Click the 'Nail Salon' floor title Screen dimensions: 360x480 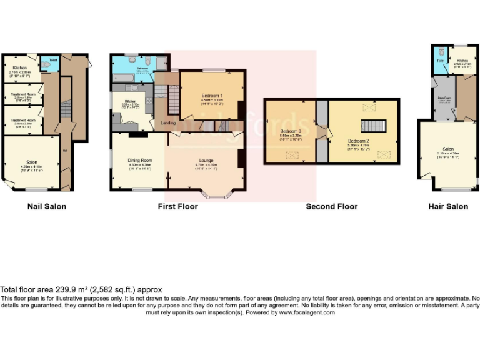point(47,206)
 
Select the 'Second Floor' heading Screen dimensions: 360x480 point(331,206)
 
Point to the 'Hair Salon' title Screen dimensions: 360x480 point(447,206)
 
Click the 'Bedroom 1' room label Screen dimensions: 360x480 point(212,95)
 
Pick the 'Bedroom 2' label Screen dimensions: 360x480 point(359,141)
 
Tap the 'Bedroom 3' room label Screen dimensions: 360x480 point(291,131)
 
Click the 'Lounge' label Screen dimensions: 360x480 point(206,160)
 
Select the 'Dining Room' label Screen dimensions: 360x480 point(140,160)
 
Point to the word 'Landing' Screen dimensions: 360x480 point(168,122)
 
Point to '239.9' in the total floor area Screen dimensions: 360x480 point(76,289)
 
